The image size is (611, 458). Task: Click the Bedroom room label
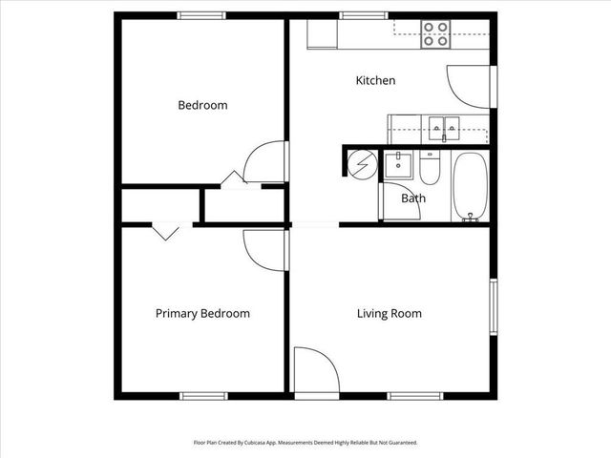202,105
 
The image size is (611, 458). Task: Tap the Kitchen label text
375,81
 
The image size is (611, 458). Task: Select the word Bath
413,198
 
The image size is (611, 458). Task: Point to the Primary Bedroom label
202,313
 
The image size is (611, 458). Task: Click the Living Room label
389,313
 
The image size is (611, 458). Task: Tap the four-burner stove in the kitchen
436,34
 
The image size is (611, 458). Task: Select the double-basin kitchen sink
442,125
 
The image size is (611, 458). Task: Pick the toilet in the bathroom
430,170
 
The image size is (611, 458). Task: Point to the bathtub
469,185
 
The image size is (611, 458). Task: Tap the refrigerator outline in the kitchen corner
322,34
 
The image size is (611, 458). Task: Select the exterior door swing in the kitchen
470,85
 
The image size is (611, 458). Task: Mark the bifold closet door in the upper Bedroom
232,179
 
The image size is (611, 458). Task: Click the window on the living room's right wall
494,306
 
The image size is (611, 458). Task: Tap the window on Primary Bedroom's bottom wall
204,396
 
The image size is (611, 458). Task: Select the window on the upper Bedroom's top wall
201,15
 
